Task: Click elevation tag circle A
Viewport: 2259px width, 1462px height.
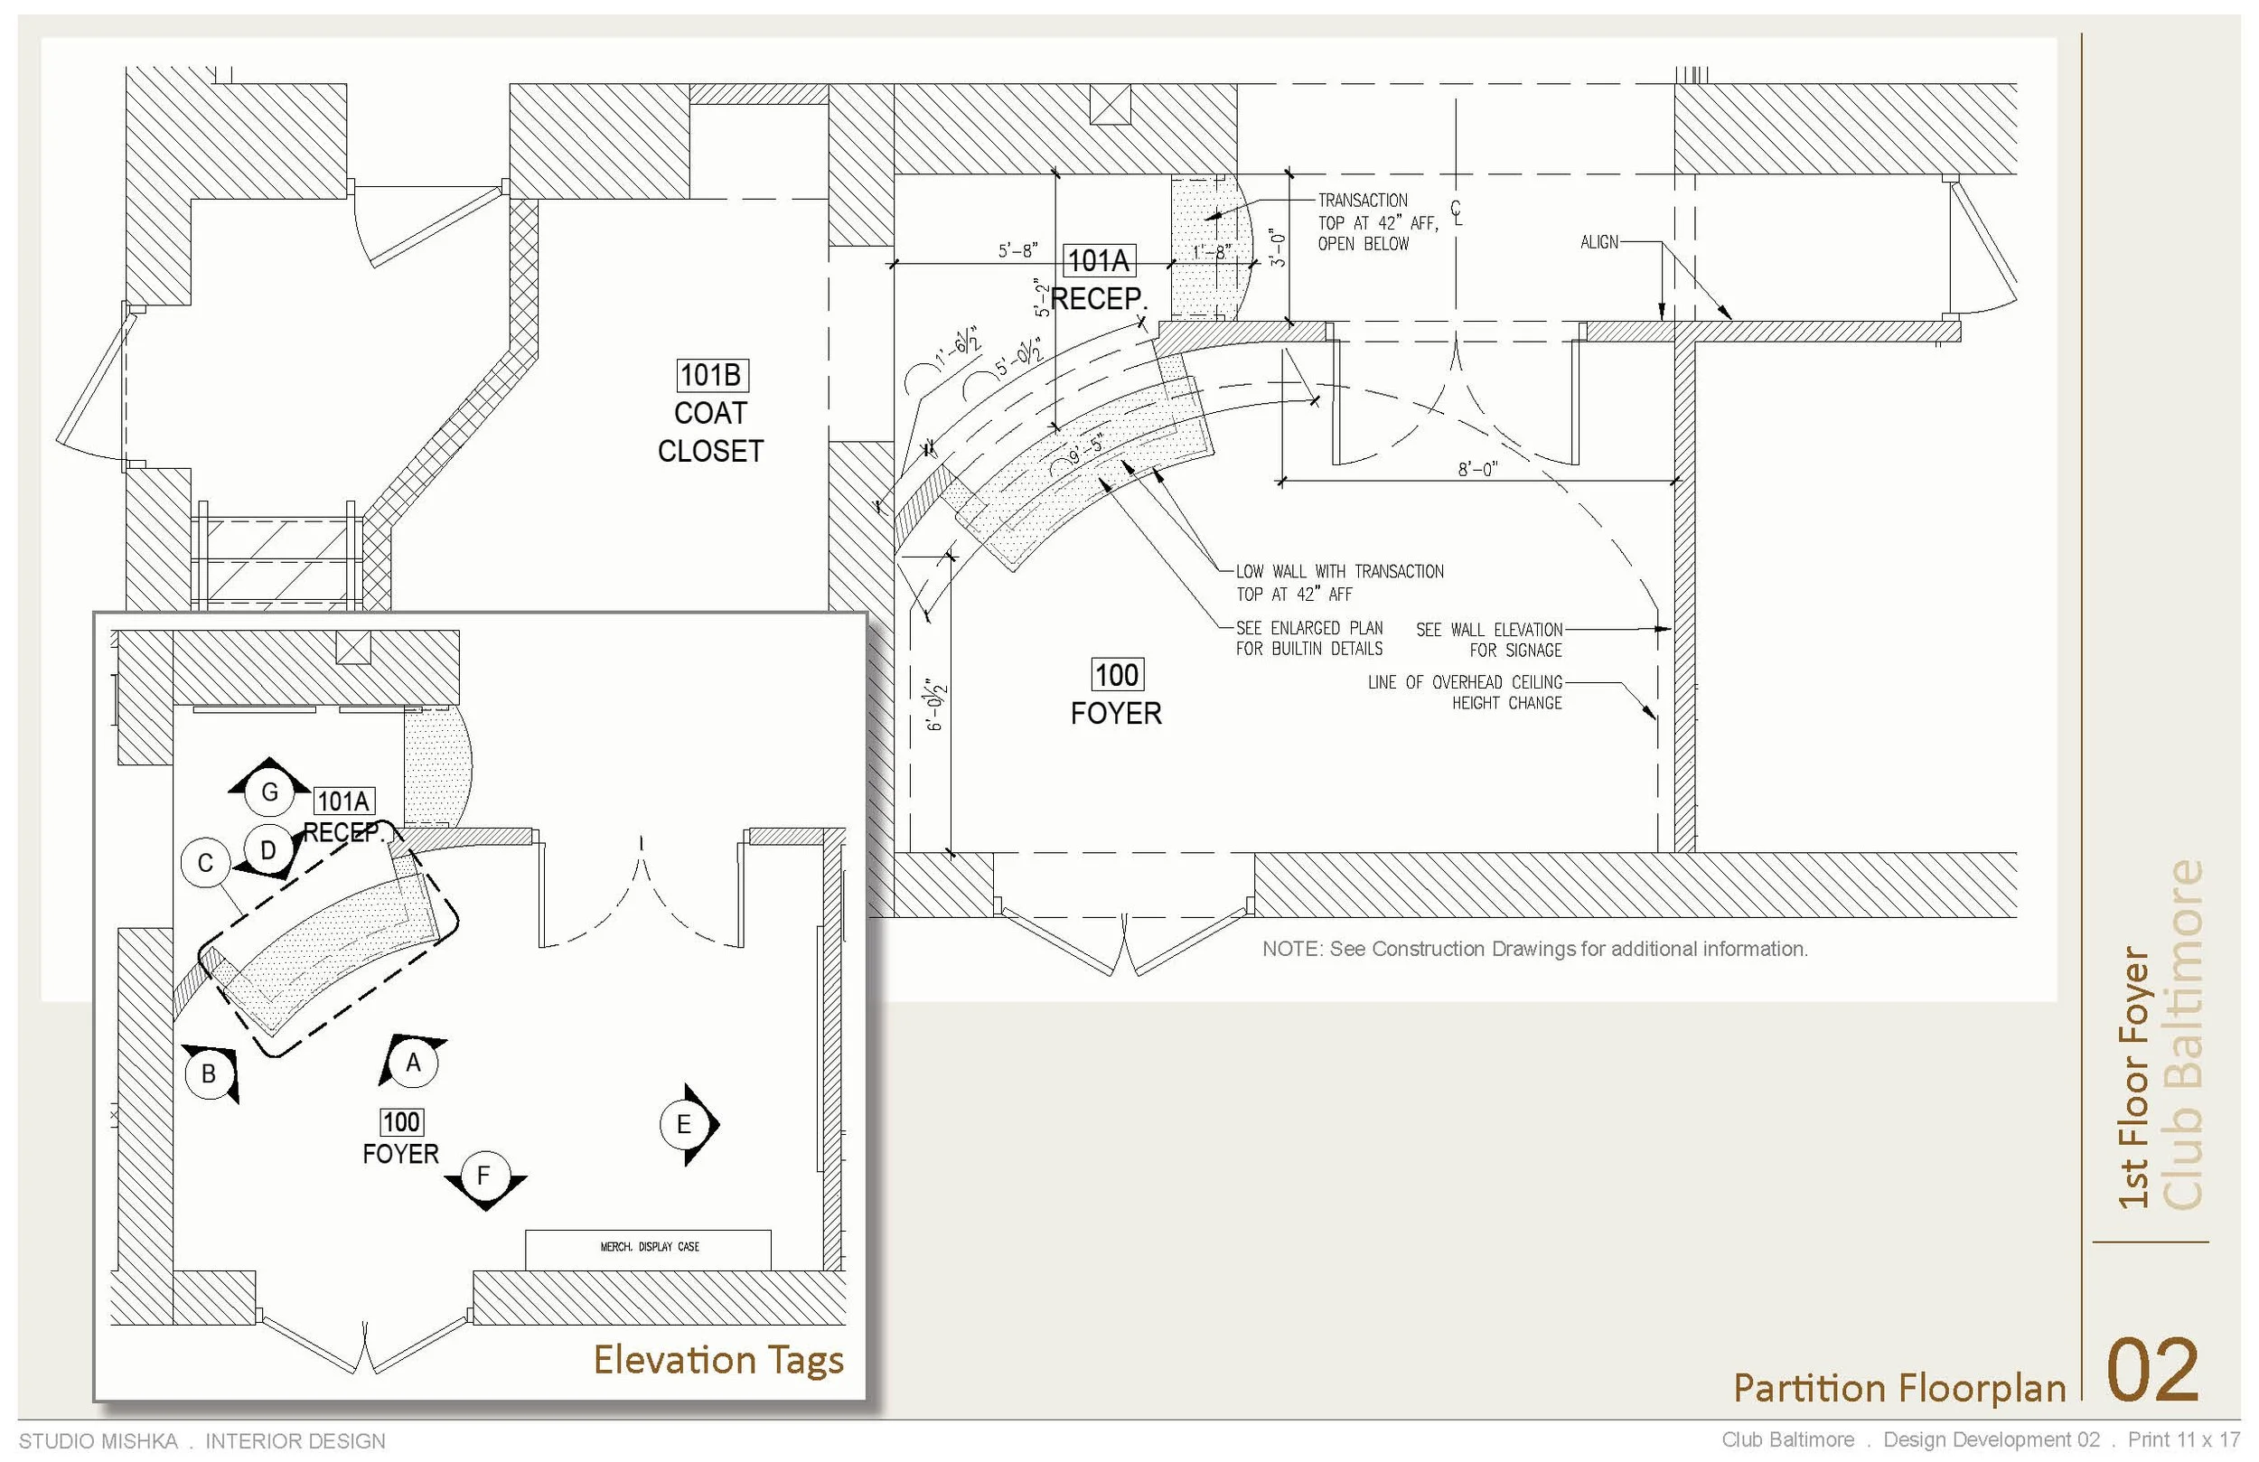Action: click(x=413, y=1064)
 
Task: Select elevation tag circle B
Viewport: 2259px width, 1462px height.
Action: click(x=209, y=1073)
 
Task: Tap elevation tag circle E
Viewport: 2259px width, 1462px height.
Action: click(x=683, y=1125)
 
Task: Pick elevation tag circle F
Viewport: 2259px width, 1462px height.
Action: click(x=484, y=1176)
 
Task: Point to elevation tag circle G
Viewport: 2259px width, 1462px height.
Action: click(x=269, y=792)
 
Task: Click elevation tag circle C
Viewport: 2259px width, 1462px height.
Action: click(x=205, y=863)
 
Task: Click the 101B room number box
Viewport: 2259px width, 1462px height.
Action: click(x=711, y=376)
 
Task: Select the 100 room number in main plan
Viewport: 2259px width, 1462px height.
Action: click(x=1116, y=675)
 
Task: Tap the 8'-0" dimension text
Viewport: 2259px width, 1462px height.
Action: click(x=1476, y=469)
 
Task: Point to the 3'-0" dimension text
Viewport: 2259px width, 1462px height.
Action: click(x=1278, y=249)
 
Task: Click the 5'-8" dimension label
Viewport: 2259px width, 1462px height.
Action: click(x=1017, y=250)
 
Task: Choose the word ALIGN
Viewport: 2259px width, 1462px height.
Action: click(x=1599, y=243)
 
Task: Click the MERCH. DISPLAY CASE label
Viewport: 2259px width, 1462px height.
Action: click(x=649, y=1247)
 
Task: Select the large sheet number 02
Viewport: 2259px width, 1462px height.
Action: click(x=2151, y=1370)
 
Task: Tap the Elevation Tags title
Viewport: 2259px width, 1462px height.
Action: click(x=717, y=1360)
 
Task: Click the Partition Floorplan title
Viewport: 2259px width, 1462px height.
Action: click(x=1899, y=1388)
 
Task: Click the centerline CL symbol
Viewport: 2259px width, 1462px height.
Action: click(x=1457, y=212)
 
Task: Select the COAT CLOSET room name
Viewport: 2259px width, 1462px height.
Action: click(x=711, y=432)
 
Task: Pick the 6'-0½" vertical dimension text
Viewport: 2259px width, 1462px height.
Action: click(x=936, y=705)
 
